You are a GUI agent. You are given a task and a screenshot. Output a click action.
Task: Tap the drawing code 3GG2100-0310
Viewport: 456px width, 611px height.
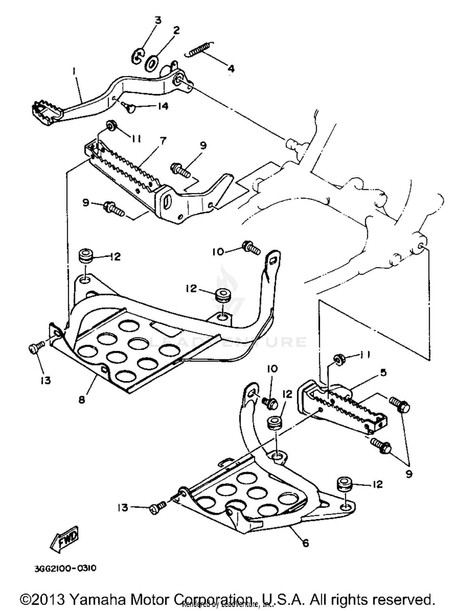coord(65,568)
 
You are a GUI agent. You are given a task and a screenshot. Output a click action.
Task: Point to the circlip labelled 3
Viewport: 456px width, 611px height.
coord(138,56)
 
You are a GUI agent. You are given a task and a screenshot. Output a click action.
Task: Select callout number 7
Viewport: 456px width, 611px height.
coord(163,141)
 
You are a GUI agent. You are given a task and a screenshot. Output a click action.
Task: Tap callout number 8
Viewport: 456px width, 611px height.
coord(81,400)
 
